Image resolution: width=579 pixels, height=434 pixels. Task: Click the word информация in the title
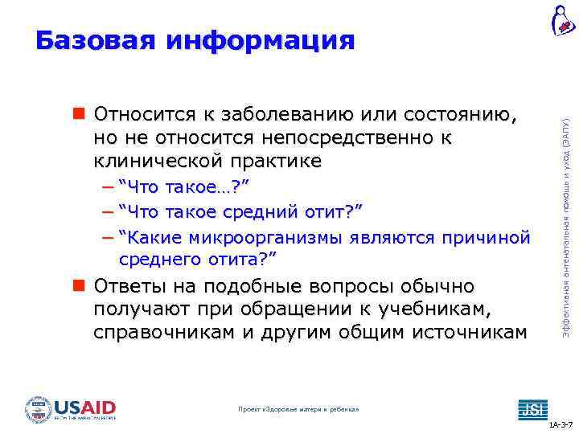click(261, 40)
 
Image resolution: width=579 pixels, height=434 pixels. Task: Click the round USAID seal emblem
click(39, 409)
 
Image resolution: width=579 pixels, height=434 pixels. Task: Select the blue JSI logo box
click(532, 408)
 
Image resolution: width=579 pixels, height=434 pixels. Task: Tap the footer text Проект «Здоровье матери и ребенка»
click(298, 410)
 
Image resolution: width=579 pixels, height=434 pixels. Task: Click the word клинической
click(158, 161)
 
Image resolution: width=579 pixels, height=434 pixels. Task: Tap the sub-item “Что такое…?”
click(183, 187)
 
